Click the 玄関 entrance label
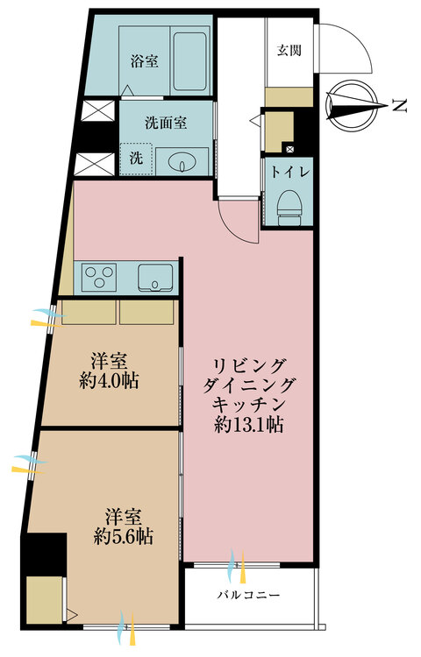(289, 50)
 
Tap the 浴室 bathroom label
(144, 61)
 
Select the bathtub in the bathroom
(191, 62)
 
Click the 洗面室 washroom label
(167, 124)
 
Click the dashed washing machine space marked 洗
(137, 159)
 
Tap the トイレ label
(288, 172)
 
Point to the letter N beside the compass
(399, 106)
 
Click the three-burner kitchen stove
(100, 279)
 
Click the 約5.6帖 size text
(125, 536)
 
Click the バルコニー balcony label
(249, 595)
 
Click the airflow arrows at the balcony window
(236, 565)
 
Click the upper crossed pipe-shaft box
(94, 113)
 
